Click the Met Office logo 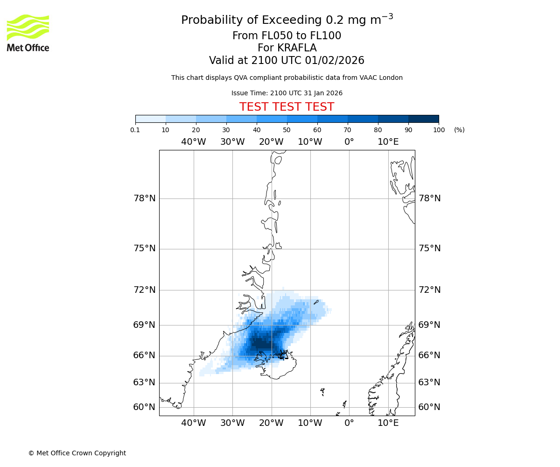pyautogui.click(x=28, y=33)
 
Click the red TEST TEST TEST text pyautogui.click(x=287, y=107)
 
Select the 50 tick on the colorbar pyautogui.click(x=287, y=130)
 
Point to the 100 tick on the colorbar pyautogui.click(x=439, y=130)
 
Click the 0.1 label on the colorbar pyautogui.click(x=135, y=130)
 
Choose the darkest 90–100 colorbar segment pyautogui.click(x=423, y=119)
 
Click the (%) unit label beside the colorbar pyautogui.click(x=459, y=130)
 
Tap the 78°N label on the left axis pyautogui.click(x=145, y=198)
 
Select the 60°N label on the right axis pyautogui.click(x=429, y=407)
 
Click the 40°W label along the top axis pyautogui.click(x=194, y=142)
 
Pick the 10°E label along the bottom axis pyautogui.click(x=388, y=423)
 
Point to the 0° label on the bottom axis pyautogui.click(x=349, y=423)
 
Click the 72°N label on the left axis pyautogui.click(x=145, y=290)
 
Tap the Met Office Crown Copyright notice pyautogui.click(x=77, y=453)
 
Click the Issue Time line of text pyautogui.click(x=287, y=93)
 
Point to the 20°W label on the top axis pyautogui.click(x=271, y=142)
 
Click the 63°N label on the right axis pyautogui.click(x=429, y=382)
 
